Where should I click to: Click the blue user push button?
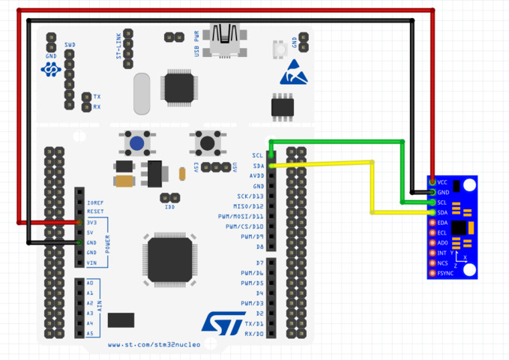[x=136, y=142]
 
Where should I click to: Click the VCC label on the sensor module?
[x=442, y=182]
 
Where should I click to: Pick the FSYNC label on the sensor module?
[x=446, y=273]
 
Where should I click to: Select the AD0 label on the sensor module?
[x=442, y=243]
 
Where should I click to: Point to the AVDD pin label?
[x=256, y=175]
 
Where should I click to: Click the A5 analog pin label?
[x=90, y=334]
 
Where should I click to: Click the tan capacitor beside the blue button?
[x=124, y=180]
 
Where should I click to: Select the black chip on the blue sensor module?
[x=457, y=228]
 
